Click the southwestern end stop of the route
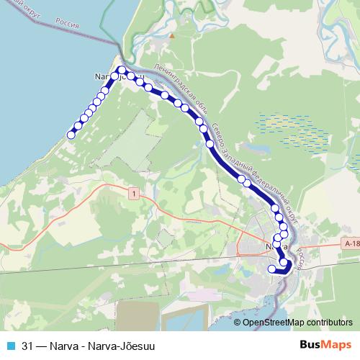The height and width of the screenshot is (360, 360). [71, 135]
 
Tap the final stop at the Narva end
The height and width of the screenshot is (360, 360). [272, 269]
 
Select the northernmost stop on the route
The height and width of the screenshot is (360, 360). [122, 70]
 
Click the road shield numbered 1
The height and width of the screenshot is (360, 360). [132, 194]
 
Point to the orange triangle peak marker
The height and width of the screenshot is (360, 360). [172, 34]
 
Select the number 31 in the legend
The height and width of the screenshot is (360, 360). [28, 344]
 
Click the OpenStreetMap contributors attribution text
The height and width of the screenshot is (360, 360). [298, 323]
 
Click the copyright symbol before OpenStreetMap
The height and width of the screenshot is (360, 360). [237, 323]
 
